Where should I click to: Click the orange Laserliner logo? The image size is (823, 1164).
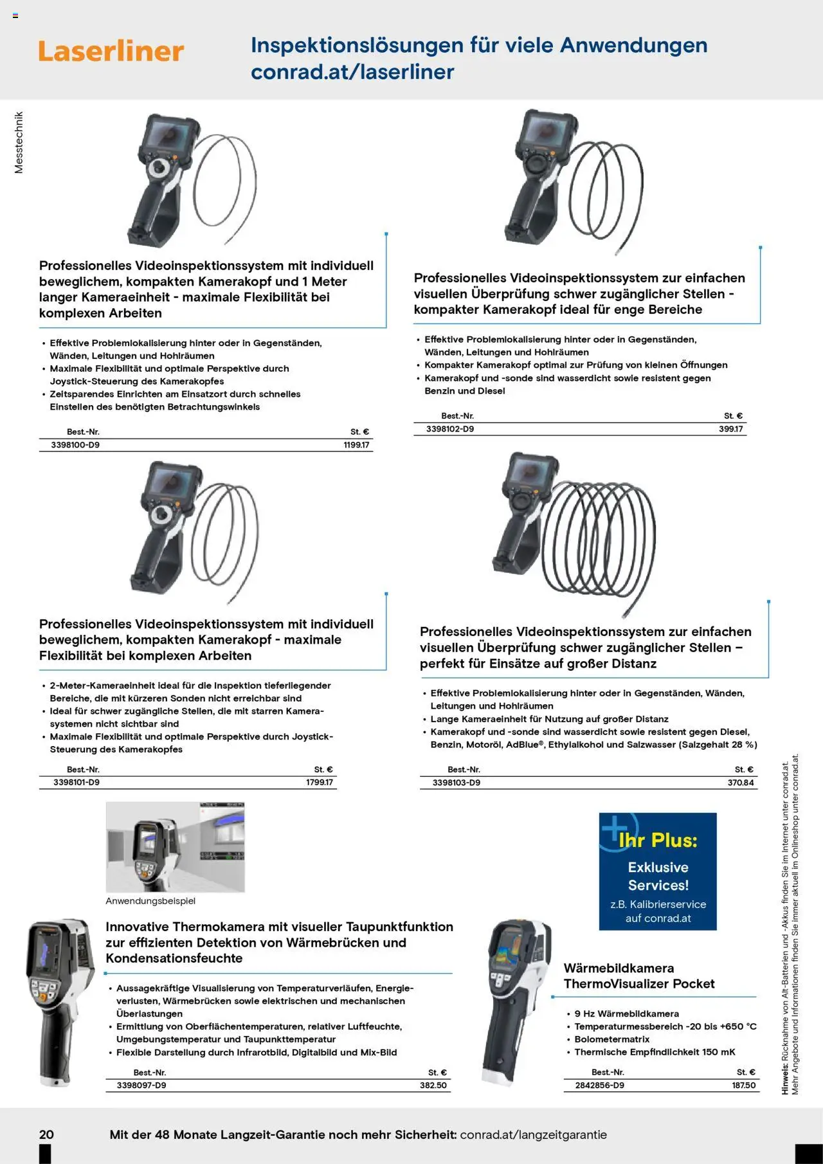(x=111, y=51)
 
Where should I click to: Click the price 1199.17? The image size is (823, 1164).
(x=356, y=445)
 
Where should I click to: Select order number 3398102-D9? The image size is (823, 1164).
(x=450, y=429)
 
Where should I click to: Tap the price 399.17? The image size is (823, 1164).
(x=730, y=429)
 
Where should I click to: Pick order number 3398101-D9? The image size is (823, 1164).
(x=77, y=783)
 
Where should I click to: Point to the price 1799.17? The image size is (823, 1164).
(x=320, y=783)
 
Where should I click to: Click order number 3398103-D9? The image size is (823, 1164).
(x=457, y=783)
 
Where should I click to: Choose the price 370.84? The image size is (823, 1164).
(x=741, y=783)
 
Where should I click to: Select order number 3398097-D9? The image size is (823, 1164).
(x=141, y=1086)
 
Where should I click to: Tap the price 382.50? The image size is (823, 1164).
(x=433, y=1086)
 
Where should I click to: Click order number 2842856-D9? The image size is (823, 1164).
(x=599, y=1086)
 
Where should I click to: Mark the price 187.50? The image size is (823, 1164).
(x=744, y=1086)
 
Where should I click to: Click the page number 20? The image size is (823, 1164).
(x=46, y=1134)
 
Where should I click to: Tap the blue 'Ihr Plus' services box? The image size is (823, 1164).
(x=658, y=871)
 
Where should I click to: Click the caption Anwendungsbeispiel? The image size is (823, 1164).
(x=150, y=901)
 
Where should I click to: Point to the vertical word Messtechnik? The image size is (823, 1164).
(x=19, y=143)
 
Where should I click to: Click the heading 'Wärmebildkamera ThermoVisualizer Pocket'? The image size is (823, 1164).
(x=639, y=976)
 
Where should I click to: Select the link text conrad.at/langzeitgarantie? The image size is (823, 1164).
(x=533, y=1134)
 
